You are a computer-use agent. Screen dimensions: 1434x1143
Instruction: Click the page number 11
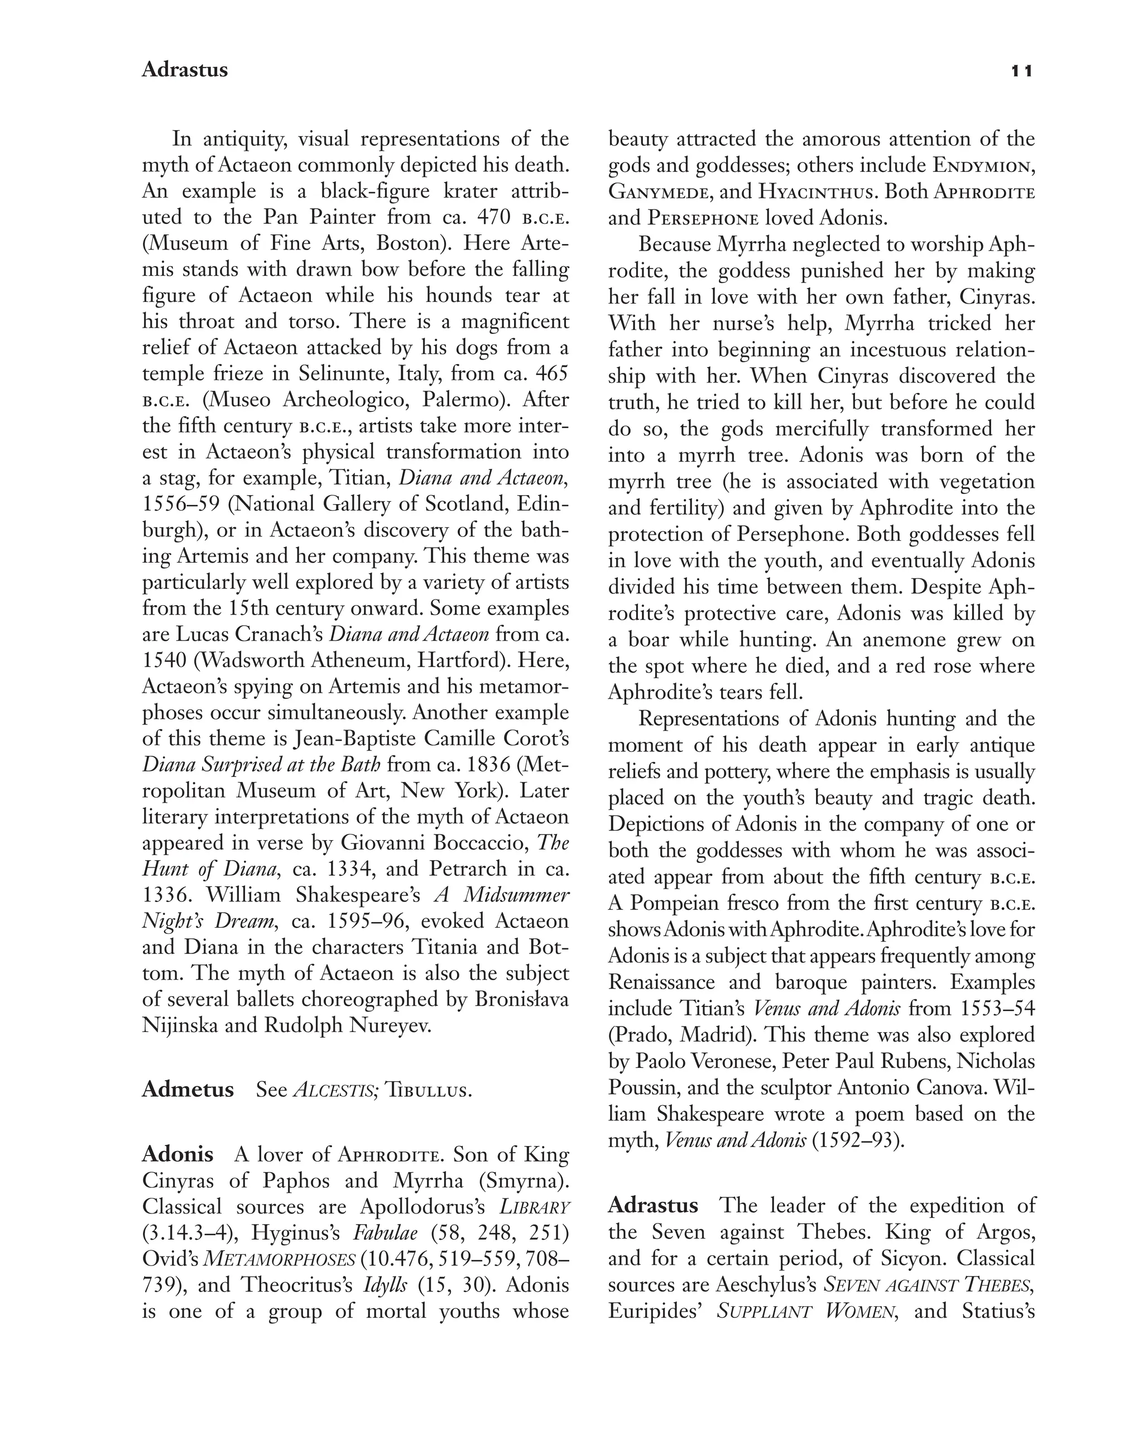point(1021,71)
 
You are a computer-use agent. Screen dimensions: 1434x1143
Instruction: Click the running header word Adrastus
point(184,70)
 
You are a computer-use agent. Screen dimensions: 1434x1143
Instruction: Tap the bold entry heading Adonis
point(177,1154)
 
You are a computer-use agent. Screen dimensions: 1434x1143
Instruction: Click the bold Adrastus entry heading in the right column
point(652,1205)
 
